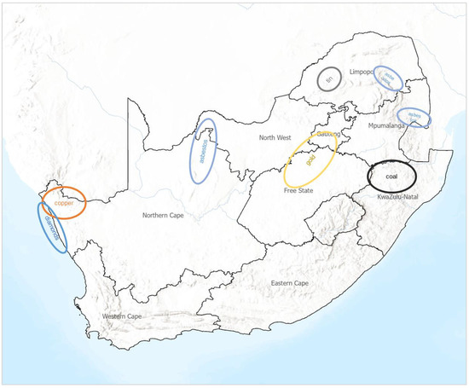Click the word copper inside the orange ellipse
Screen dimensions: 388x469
[x=63, y=205]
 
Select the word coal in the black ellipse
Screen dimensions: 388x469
[x=391, y=176]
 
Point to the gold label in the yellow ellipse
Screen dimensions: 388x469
[x=310, y=160]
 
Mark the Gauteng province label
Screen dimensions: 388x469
[x=327, y=134]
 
